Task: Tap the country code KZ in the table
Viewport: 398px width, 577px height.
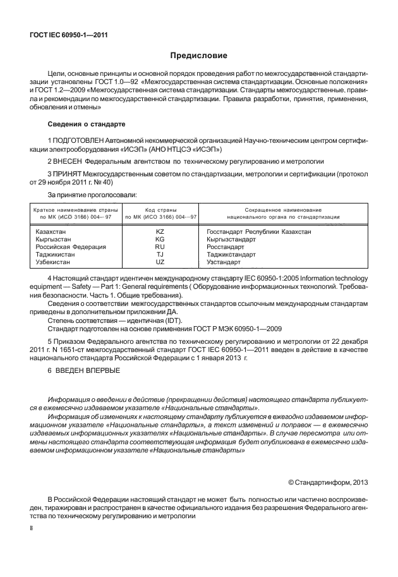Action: [160, 233]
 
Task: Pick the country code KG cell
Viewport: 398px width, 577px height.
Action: [160, 240]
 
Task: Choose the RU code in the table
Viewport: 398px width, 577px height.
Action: [160, 247]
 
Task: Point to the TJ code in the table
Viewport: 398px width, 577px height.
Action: [160, 255]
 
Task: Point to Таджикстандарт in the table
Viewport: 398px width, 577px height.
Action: [235, 255]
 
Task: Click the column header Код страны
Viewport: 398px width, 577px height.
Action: [160, 209]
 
